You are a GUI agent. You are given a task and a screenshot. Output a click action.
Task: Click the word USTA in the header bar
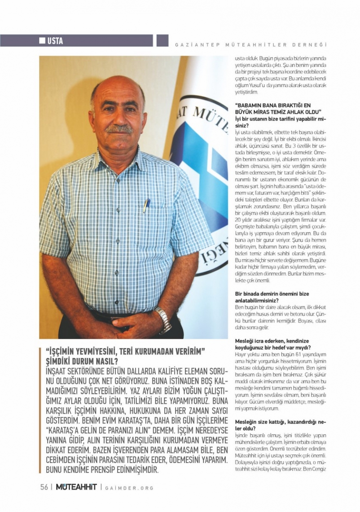55,41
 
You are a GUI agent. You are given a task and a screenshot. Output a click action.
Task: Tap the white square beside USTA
43,41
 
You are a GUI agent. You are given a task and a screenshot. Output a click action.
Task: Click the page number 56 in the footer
44,487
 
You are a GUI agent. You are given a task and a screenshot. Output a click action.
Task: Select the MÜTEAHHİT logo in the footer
76,487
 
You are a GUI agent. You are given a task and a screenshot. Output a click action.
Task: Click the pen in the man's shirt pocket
146,205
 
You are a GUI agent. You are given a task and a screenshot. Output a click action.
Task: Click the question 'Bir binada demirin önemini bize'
272,294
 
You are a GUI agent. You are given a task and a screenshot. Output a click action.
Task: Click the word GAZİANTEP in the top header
190,45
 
